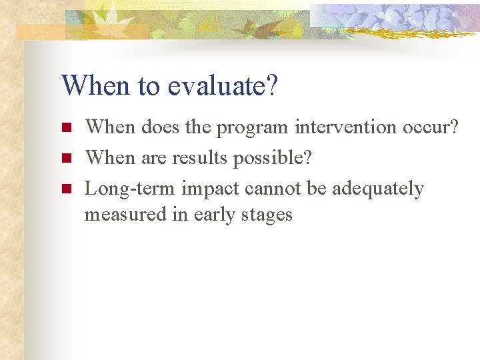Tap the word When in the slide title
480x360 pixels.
(x=89, y=85)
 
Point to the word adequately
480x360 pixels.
(x=377, y=190)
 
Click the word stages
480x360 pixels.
(x=267, y=215)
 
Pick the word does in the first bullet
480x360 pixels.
(x=157, y=127)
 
